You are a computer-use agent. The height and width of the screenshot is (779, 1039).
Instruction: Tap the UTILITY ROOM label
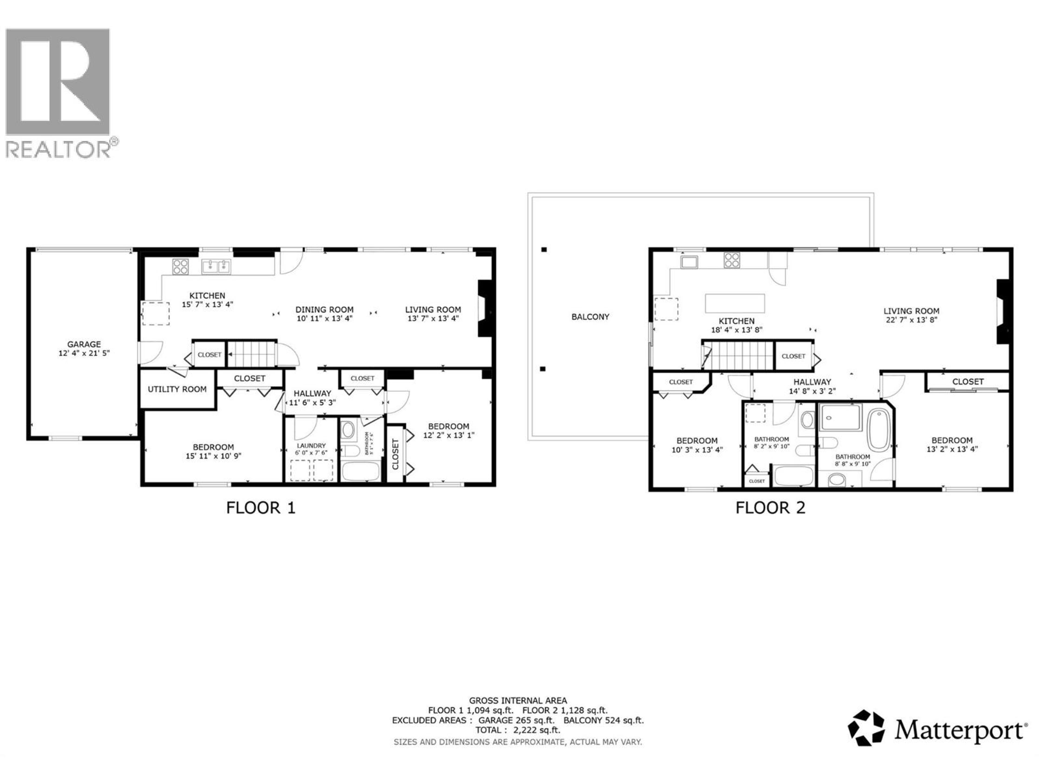point(177,389)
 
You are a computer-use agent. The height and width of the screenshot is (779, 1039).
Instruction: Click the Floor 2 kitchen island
point(735,303)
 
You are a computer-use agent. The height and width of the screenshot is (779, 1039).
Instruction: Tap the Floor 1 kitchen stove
point(180,267)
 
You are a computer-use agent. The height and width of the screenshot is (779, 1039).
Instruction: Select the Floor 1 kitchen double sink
point(216,267)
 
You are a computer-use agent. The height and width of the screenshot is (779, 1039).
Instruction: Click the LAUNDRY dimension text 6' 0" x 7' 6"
point(311,453)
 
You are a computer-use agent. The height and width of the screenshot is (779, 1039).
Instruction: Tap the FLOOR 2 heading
point(770,508)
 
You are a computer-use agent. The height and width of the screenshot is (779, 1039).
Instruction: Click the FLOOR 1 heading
point(261,508)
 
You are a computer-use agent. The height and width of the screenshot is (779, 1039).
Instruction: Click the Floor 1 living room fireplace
point(485,309)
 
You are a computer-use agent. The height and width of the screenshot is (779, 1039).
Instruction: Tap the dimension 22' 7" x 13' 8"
point(911,320)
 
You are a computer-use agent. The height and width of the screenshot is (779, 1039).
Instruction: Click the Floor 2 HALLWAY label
point(812,382)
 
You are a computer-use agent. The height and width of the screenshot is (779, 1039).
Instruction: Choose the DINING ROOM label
point(324,309)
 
